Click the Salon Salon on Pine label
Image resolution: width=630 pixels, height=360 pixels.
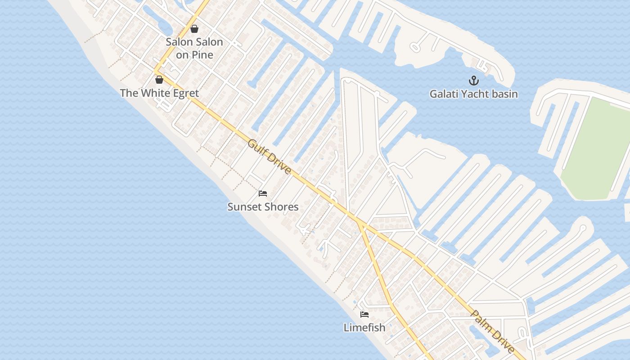tap(194, 48)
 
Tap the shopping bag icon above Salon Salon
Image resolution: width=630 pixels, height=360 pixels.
tap(194, 29)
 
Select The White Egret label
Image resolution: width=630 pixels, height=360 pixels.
tap(159, 93)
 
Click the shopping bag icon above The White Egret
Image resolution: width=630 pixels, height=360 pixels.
tap(159, 80)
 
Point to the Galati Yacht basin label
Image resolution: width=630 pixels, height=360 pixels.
tap(473, 94)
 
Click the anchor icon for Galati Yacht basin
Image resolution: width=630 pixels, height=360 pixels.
tap(473, 81)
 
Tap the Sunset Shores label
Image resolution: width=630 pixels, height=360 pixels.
tap(263, 207)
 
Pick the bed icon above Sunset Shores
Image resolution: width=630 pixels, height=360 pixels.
tap(263, 194)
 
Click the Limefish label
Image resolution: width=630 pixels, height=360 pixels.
tap(364, 328)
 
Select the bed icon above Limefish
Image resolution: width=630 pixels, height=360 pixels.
tap(364, 315)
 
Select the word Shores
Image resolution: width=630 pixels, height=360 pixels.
tap(282, 207)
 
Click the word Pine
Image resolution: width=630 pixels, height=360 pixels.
tap(203, 55)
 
